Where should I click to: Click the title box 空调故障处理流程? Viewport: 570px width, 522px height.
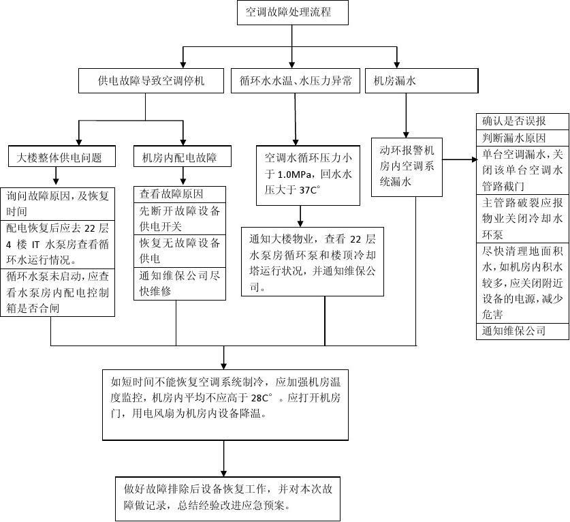click(293, 13)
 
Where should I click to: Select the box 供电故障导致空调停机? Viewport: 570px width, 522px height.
click(151, 82)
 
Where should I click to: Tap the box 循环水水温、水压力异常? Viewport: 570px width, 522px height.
click(296, 82)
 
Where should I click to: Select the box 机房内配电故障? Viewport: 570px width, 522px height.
click(179, 157)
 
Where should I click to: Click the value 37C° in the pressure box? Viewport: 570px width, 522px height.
click(313, 190)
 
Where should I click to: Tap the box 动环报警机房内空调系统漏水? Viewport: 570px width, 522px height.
click(406, 166)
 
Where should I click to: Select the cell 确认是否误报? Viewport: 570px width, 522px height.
click(522, 121)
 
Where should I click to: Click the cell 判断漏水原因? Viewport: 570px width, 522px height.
click(522, 137)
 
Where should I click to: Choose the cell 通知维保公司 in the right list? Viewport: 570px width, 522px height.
click(522, 331)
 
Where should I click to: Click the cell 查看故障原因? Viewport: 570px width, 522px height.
click(179, 194)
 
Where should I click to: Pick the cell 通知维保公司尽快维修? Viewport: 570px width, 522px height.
click(179, 283)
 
